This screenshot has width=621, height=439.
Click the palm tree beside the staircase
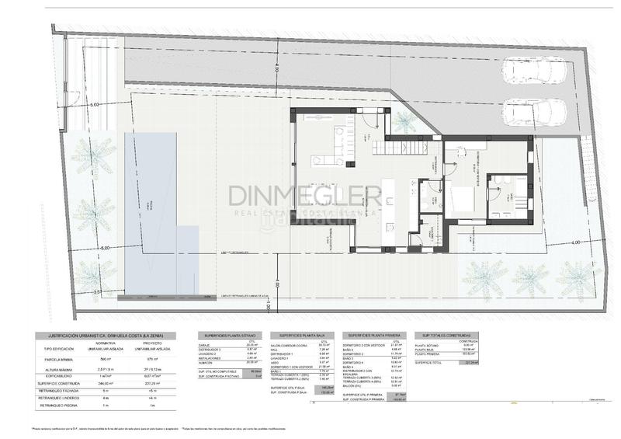(404, 121)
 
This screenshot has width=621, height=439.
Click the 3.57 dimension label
(97, 291)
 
